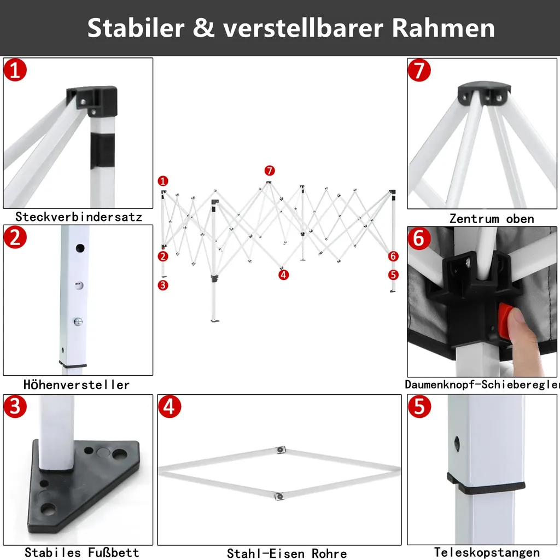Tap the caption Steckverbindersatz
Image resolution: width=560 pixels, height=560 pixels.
79,217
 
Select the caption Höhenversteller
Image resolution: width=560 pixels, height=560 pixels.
77,384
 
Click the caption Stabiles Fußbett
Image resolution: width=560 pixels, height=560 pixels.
82,552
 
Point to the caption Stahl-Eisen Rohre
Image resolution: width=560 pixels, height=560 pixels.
287,553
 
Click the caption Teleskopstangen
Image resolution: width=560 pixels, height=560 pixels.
487,552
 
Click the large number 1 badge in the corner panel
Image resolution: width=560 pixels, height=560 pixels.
15,71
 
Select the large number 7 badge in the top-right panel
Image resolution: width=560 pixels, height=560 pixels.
419,71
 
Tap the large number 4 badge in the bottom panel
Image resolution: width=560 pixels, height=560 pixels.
170,407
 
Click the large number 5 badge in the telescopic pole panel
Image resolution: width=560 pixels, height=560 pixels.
419,407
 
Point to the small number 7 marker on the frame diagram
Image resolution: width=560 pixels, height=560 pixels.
269,170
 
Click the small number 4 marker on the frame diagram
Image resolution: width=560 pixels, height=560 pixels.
283,275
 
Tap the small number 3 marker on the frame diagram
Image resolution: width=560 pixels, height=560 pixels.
163,284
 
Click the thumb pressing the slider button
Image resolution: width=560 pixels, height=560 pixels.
522,339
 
